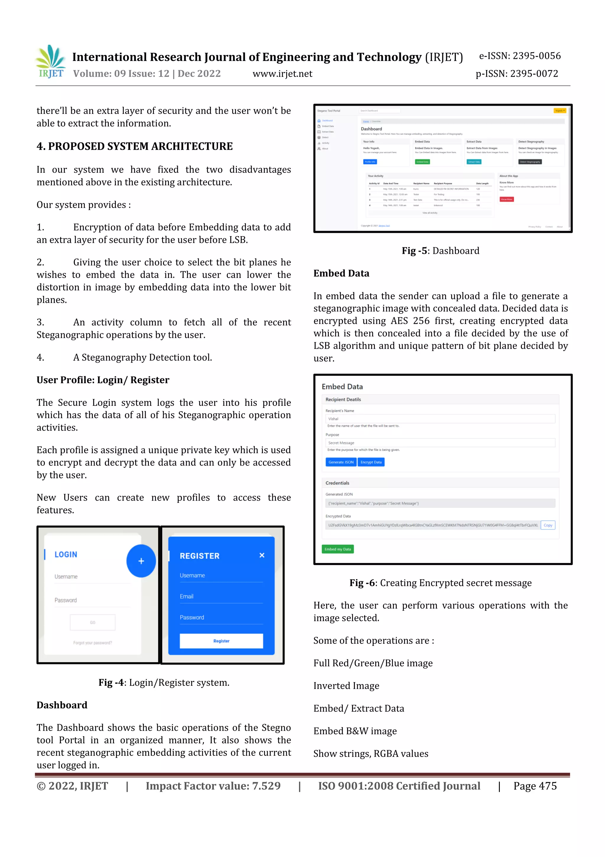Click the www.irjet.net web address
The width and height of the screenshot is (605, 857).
[x=282, y=74]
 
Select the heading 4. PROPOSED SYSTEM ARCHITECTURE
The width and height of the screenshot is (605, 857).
[x=135, y=146]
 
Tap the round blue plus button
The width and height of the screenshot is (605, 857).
[x=141, y=561]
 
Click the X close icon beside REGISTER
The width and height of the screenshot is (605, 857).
[x=262, y=555]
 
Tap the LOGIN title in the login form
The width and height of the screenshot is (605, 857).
[x=66, y=555]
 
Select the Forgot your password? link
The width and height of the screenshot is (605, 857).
[x=92, y=643]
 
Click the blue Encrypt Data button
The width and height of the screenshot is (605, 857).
[x=371, y=462]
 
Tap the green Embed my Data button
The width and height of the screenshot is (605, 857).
[x=337, y=549]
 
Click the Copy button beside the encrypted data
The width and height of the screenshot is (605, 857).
[x=548, y=525]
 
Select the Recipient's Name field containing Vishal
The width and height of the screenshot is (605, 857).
[x=440, y=419]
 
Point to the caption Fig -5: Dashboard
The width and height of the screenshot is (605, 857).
[x=440, y=251]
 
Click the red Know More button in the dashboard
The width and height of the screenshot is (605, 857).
[x=507, y=199]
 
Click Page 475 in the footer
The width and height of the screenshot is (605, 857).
[x=535, y=786]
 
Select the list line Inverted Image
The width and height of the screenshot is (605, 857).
[x=346, y=686]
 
